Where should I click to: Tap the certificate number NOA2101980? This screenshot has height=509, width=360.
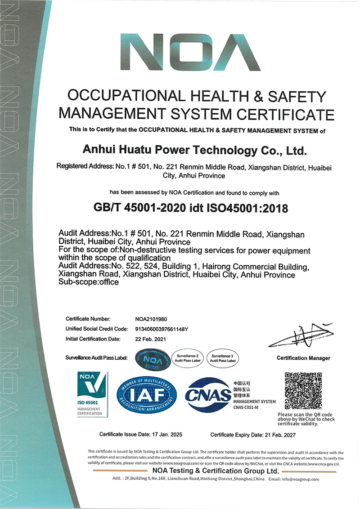[151, 319]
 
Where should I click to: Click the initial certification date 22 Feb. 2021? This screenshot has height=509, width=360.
[151, 339]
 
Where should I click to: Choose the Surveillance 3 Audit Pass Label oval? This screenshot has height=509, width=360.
[222, 358]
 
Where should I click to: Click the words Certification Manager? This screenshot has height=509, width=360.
[303, 358]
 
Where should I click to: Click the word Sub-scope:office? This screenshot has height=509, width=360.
[89, 282]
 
